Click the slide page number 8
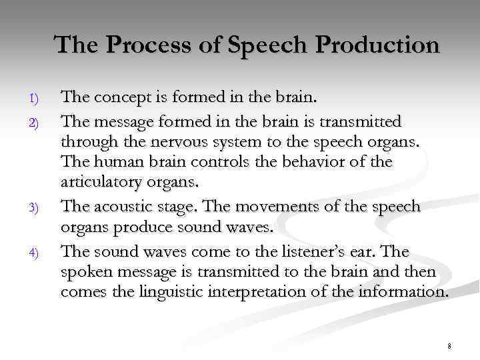tap(449, 345)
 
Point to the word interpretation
tap(279, 293)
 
